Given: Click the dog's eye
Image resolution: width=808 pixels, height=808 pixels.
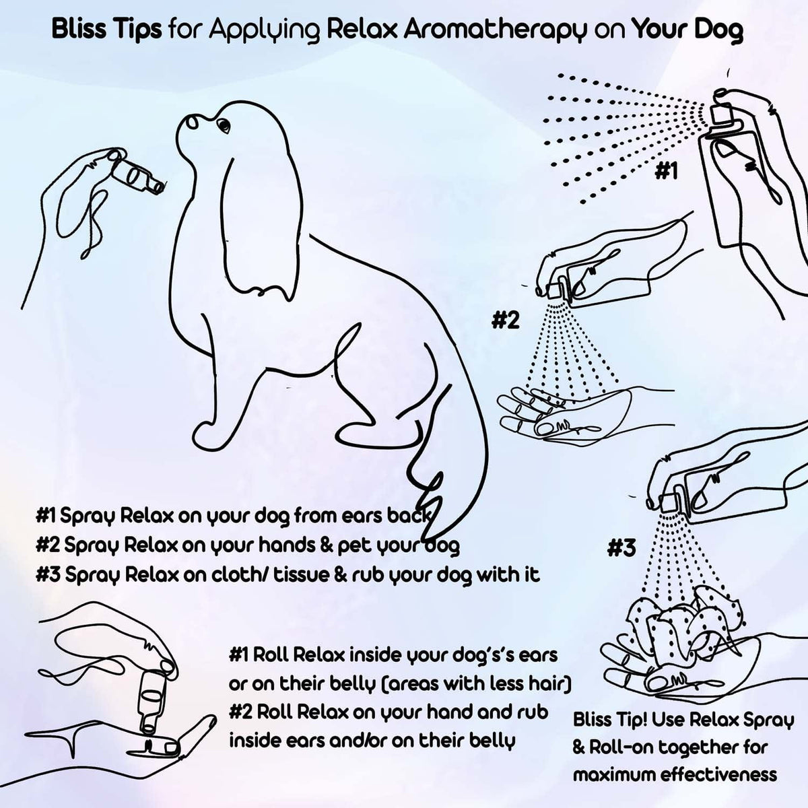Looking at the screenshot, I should click(x=223, y=125).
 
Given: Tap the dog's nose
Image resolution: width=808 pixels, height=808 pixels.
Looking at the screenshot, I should click(x=191, y=121).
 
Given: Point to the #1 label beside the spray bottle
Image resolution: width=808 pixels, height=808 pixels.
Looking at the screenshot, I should click(x=665, y=172).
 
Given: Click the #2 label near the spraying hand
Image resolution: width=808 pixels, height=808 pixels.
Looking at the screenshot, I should click(x=505, y=321).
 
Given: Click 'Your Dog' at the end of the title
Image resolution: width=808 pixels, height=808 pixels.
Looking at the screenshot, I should click(x=687, y=31).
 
